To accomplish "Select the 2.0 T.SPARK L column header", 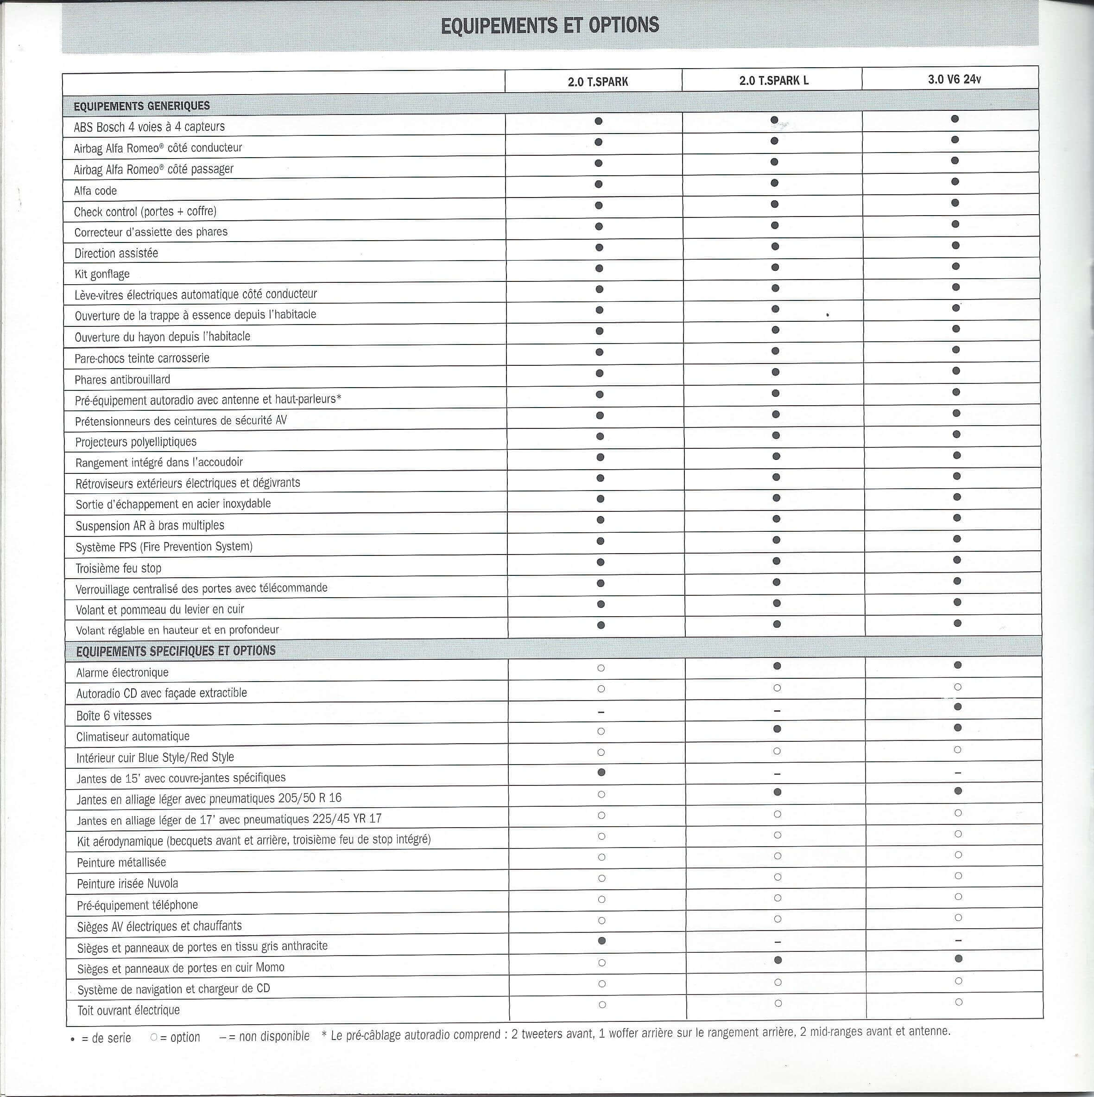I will tap(773, 81).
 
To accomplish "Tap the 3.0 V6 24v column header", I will tap(954, 79).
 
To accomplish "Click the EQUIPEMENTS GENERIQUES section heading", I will tap(141, 106).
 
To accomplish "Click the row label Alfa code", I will tap(95, 191).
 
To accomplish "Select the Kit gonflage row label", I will tap(102, 274).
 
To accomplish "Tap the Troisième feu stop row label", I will tap(119, 568).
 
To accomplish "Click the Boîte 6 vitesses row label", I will tap(114, 715).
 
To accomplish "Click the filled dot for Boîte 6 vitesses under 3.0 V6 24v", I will tap(958, 707).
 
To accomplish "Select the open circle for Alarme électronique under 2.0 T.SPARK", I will tap(601, 668).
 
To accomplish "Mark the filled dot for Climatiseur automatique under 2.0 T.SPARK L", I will tap(777, 728).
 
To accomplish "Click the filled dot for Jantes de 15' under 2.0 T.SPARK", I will tap(601, 772).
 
